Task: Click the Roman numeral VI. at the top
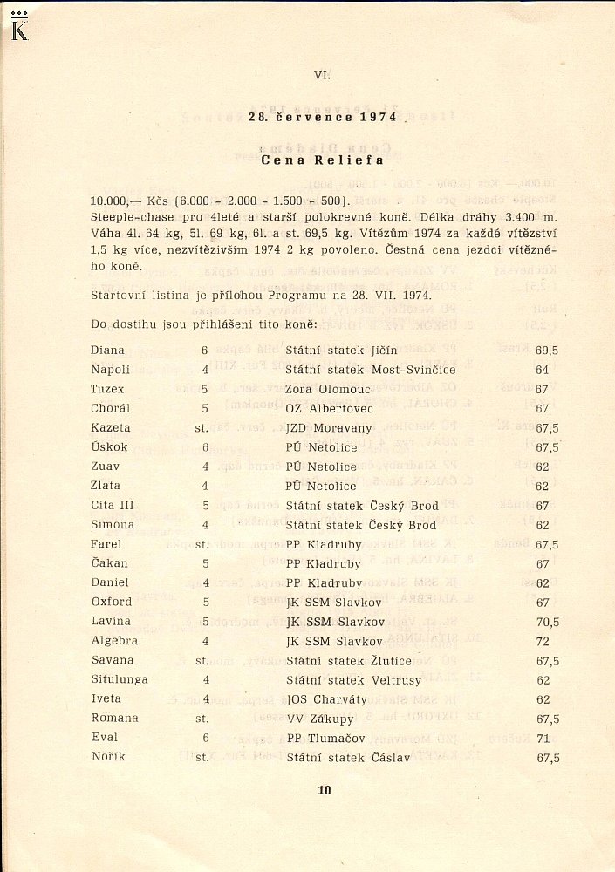point(322,75)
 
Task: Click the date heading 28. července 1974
point(322,117)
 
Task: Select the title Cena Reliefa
point(321,160)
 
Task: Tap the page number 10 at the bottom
point(325,791)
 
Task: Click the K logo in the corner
point(19,29)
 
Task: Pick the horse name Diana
point(107,351)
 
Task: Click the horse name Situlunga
point(120,679)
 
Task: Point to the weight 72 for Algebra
point(542,641)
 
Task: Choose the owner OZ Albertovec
point(329,408)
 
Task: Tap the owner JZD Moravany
point(329,428)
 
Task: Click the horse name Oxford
point(111,602)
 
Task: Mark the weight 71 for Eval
point(542,738)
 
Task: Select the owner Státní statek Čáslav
point(348,758)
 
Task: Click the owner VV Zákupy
point(319,719)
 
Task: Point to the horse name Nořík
point(108,757)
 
